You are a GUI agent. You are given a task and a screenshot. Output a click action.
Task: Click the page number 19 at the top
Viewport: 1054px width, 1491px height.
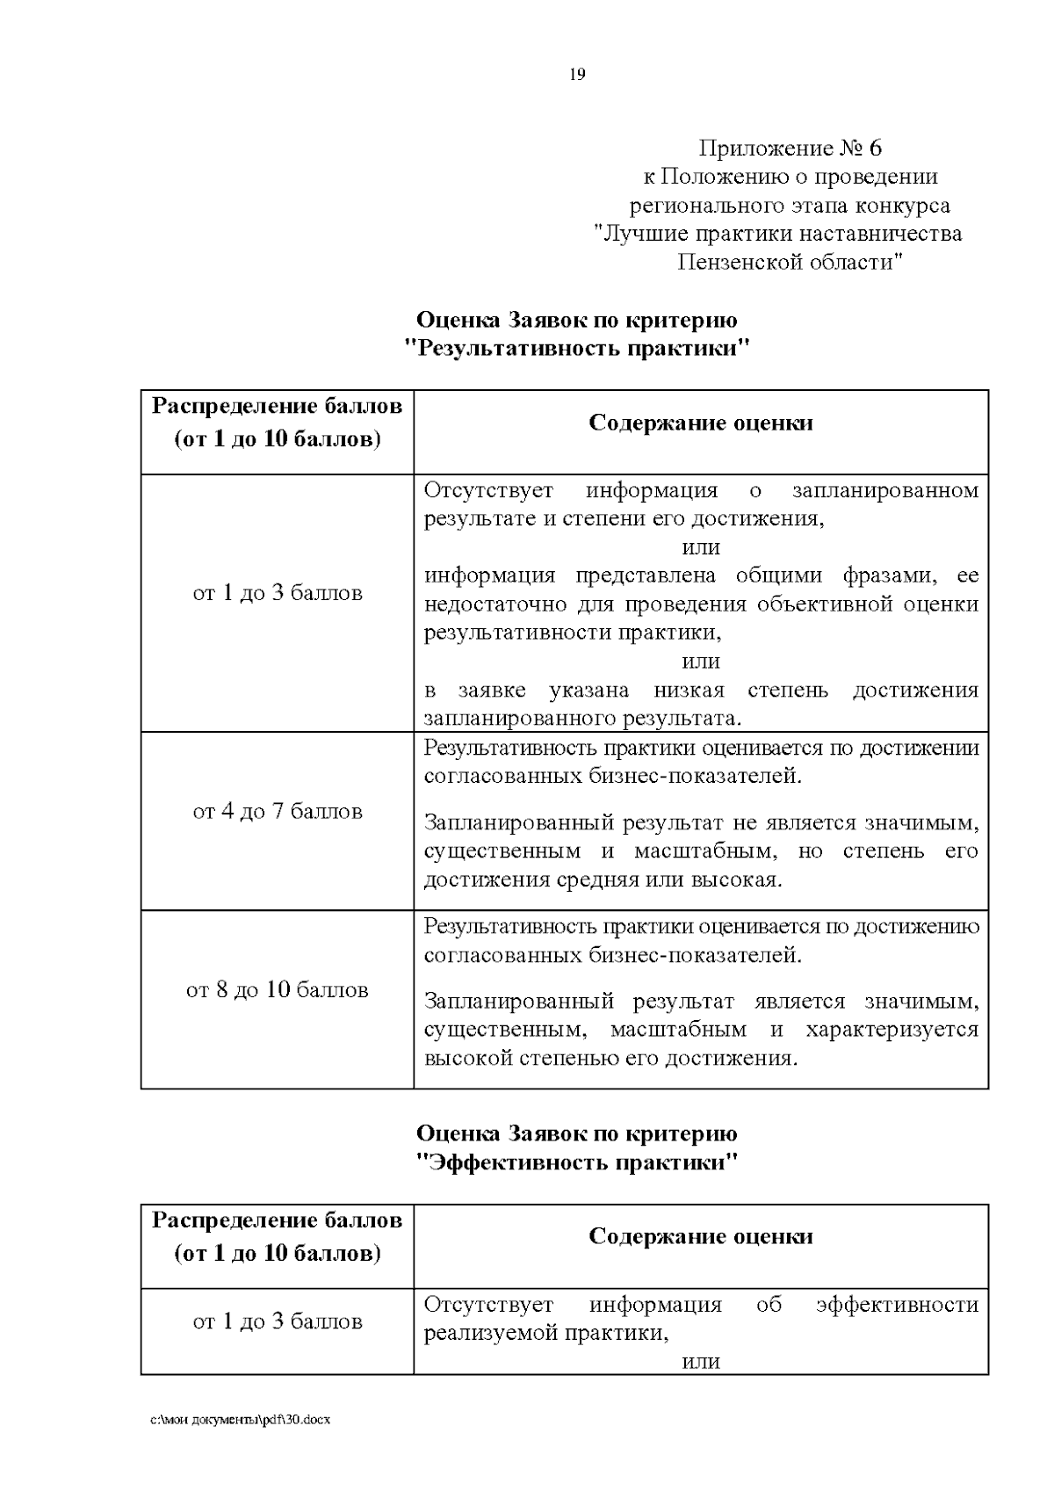pos(577,75)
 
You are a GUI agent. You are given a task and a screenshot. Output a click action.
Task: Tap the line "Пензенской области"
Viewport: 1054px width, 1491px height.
pos(790,262)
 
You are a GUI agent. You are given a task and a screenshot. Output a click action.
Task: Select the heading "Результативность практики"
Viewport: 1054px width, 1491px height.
pos(577,348)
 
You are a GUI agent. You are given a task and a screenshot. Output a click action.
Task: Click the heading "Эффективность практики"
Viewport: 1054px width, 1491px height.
pos(577,1162)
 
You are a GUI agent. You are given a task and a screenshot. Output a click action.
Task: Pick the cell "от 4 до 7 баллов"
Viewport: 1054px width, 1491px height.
pos(278,811)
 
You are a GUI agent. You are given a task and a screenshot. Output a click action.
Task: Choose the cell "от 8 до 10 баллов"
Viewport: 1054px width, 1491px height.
pos(278,990)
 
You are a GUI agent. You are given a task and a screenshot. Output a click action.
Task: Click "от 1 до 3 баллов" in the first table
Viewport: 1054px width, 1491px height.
pos(278,593)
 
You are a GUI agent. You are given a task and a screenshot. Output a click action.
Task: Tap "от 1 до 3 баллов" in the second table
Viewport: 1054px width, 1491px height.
pos(278,1321)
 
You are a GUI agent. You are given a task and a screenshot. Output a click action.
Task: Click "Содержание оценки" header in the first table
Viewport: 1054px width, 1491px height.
pos(700,423)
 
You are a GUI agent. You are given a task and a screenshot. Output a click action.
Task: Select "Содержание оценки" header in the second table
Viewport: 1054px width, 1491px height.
pos(700,1236)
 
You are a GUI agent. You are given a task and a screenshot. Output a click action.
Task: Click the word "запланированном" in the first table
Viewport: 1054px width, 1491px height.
pos(884,489)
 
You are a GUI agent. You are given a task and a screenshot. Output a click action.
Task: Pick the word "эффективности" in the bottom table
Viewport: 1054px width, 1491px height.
pos(897,1304)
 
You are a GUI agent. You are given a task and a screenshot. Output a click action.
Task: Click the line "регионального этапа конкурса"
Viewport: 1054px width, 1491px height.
pos(790,206)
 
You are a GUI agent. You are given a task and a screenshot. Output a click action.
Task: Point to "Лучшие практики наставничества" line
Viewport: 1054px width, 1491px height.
pos(778,234)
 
